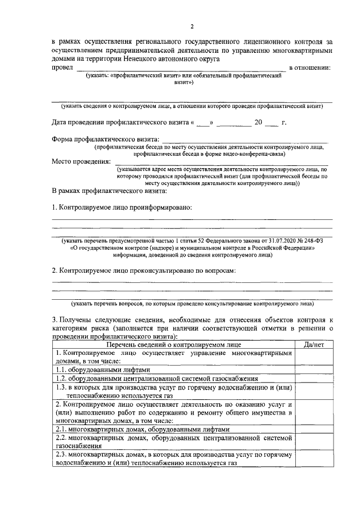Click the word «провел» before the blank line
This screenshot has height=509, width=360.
(62, 68)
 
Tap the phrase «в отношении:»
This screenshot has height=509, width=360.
(309, 68)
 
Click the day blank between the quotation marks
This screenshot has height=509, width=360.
(202, 123)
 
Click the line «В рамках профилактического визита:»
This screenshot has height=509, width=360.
(105, 190)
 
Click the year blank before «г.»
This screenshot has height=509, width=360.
(271, 123)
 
